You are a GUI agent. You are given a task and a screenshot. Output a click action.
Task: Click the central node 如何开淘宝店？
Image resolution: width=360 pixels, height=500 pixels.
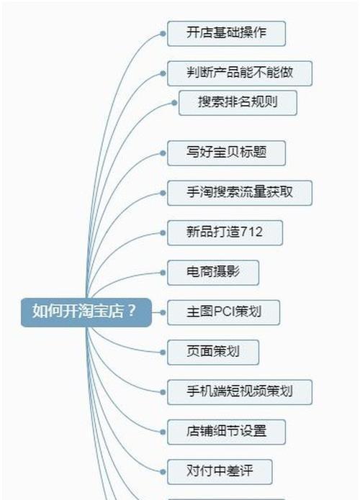point(86,312)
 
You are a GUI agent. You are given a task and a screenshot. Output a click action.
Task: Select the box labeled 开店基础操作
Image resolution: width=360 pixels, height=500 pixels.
point(226,34)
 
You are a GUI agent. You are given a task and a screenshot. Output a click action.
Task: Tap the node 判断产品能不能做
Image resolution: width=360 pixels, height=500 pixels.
point(240,73)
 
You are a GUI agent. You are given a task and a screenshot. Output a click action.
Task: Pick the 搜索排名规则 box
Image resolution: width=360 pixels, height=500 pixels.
point(238,103)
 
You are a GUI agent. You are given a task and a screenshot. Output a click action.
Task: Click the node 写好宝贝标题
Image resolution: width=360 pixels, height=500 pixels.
point(226,153)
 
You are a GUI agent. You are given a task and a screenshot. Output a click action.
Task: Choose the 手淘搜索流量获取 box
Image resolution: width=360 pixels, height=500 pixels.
point(240,193)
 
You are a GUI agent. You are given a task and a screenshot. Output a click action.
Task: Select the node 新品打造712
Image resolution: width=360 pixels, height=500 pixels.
point(225,233)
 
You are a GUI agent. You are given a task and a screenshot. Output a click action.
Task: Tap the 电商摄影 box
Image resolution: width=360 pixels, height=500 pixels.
point(213,273)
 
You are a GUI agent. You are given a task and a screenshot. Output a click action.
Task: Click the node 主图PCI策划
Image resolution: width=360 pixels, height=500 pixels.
point(224,312)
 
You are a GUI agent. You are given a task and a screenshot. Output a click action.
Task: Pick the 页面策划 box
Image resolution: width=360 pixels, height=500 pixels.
point(213,353)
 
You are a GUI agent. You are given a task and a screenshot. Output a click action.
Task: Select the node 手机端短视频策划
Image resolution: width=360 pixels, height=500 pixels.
point(240,392)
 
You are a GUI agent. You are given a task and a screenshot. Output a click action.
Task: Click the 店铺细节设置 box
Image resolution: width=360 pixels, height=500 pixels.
point(226,432)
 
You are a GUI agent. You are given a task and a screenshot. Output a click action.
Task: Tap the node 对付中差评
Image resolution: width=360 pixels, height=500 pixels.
point(220,472)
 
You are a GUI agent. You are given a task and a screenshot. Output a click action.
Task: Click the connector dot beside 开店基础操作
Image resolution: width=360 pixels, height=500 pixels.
point(163,34)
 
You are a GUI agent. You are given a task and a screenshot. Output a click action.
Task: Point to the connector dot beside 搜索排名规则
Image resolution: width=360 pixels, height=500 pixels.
point(174,103)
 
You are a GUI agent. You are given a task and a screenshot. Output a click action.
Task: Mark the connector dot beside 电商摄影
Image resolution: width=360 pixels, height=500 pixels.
point(163,273)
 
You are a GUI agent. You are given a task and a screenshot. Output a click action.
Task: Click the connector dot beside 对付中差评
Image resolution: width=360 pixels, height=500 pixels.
point(163,472)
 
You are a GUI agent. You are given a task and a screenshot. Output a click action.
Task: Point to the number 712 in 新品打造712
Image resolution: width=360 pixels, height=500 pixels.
point(251,232)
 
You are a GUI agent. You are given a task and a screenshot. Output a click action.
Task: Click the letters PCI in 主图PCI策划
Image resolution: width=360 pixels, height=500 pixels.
point(224,312)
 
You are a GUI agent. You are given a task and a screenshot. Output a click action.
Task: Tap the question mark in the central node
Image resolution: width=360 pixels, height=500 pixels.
point(132,311)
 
